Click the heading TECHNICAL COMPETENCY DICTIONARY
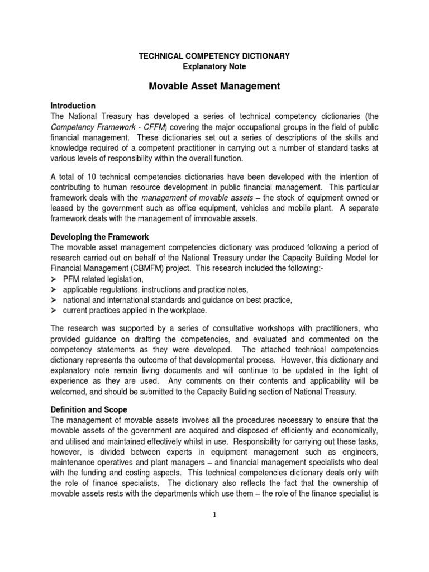tap(214, 56)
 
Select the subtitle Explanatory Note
tap(214, 66)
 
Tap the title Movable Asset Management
tap(214, 86)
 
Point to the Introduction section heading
tap(73, 106)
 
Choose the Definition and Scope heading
tap(89, 410)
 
